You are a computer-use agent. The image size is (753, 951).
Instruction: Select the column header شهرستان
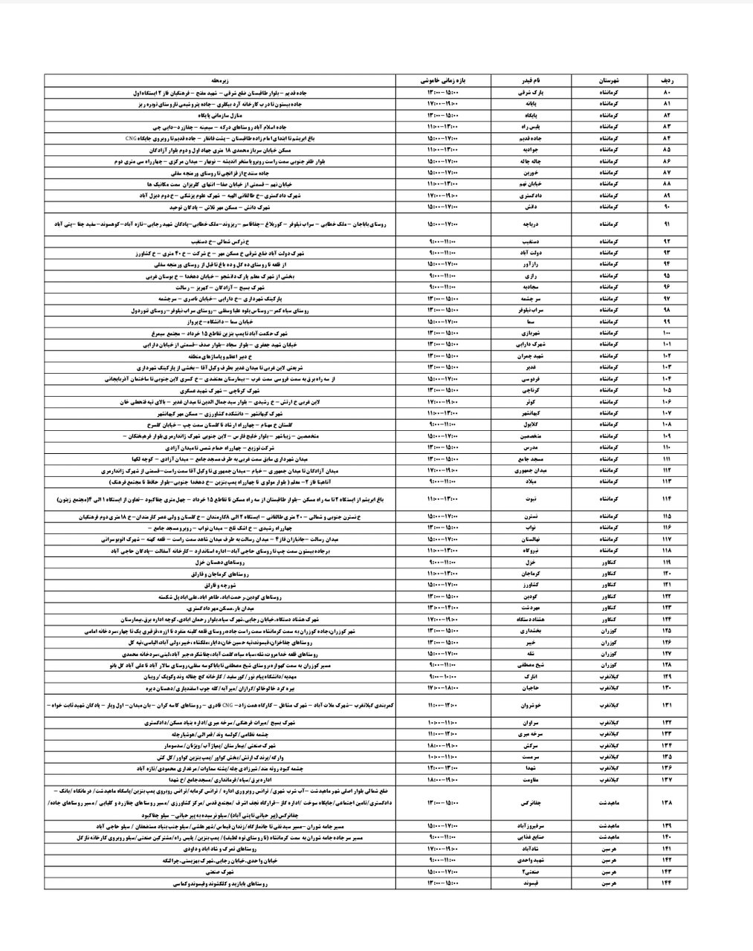[607, 79]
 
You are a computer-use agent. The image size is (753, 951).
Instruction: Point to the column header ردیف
[666, 79]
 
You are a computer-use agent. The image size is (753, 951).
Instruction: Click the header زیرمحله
[221, 79]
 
